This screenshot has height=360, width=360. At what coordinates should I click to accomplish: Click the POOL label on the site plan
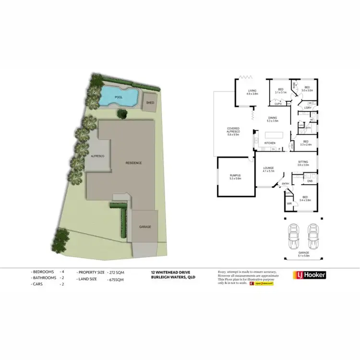click(119, 97)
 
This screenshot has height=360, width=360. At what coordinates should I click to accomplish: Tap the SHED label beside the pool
click(150, 103)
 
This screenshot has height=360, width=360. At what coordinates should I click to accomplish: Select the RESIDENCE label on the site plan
click(133, 163)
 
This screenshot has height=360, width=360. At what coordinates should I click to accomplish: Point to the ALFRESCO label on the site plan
click(98, 156)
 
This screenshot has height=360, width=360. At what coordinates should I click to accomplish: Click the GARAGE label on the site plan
click(145, 227)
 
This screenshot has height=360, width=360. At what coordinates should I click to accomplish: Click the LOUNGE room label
click(268, 168)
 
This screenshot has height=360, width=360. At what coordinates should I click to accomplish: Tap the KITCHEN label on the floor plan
click(269, 143)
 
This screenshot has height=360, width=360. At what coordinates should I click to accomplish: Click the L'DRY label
click(308, 108)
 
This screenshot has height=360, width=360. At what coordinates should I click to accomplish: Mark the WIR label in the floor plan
click(289, 204)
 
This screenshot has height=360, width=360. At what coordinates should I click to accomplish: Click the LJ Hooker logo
click(309, 275)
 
